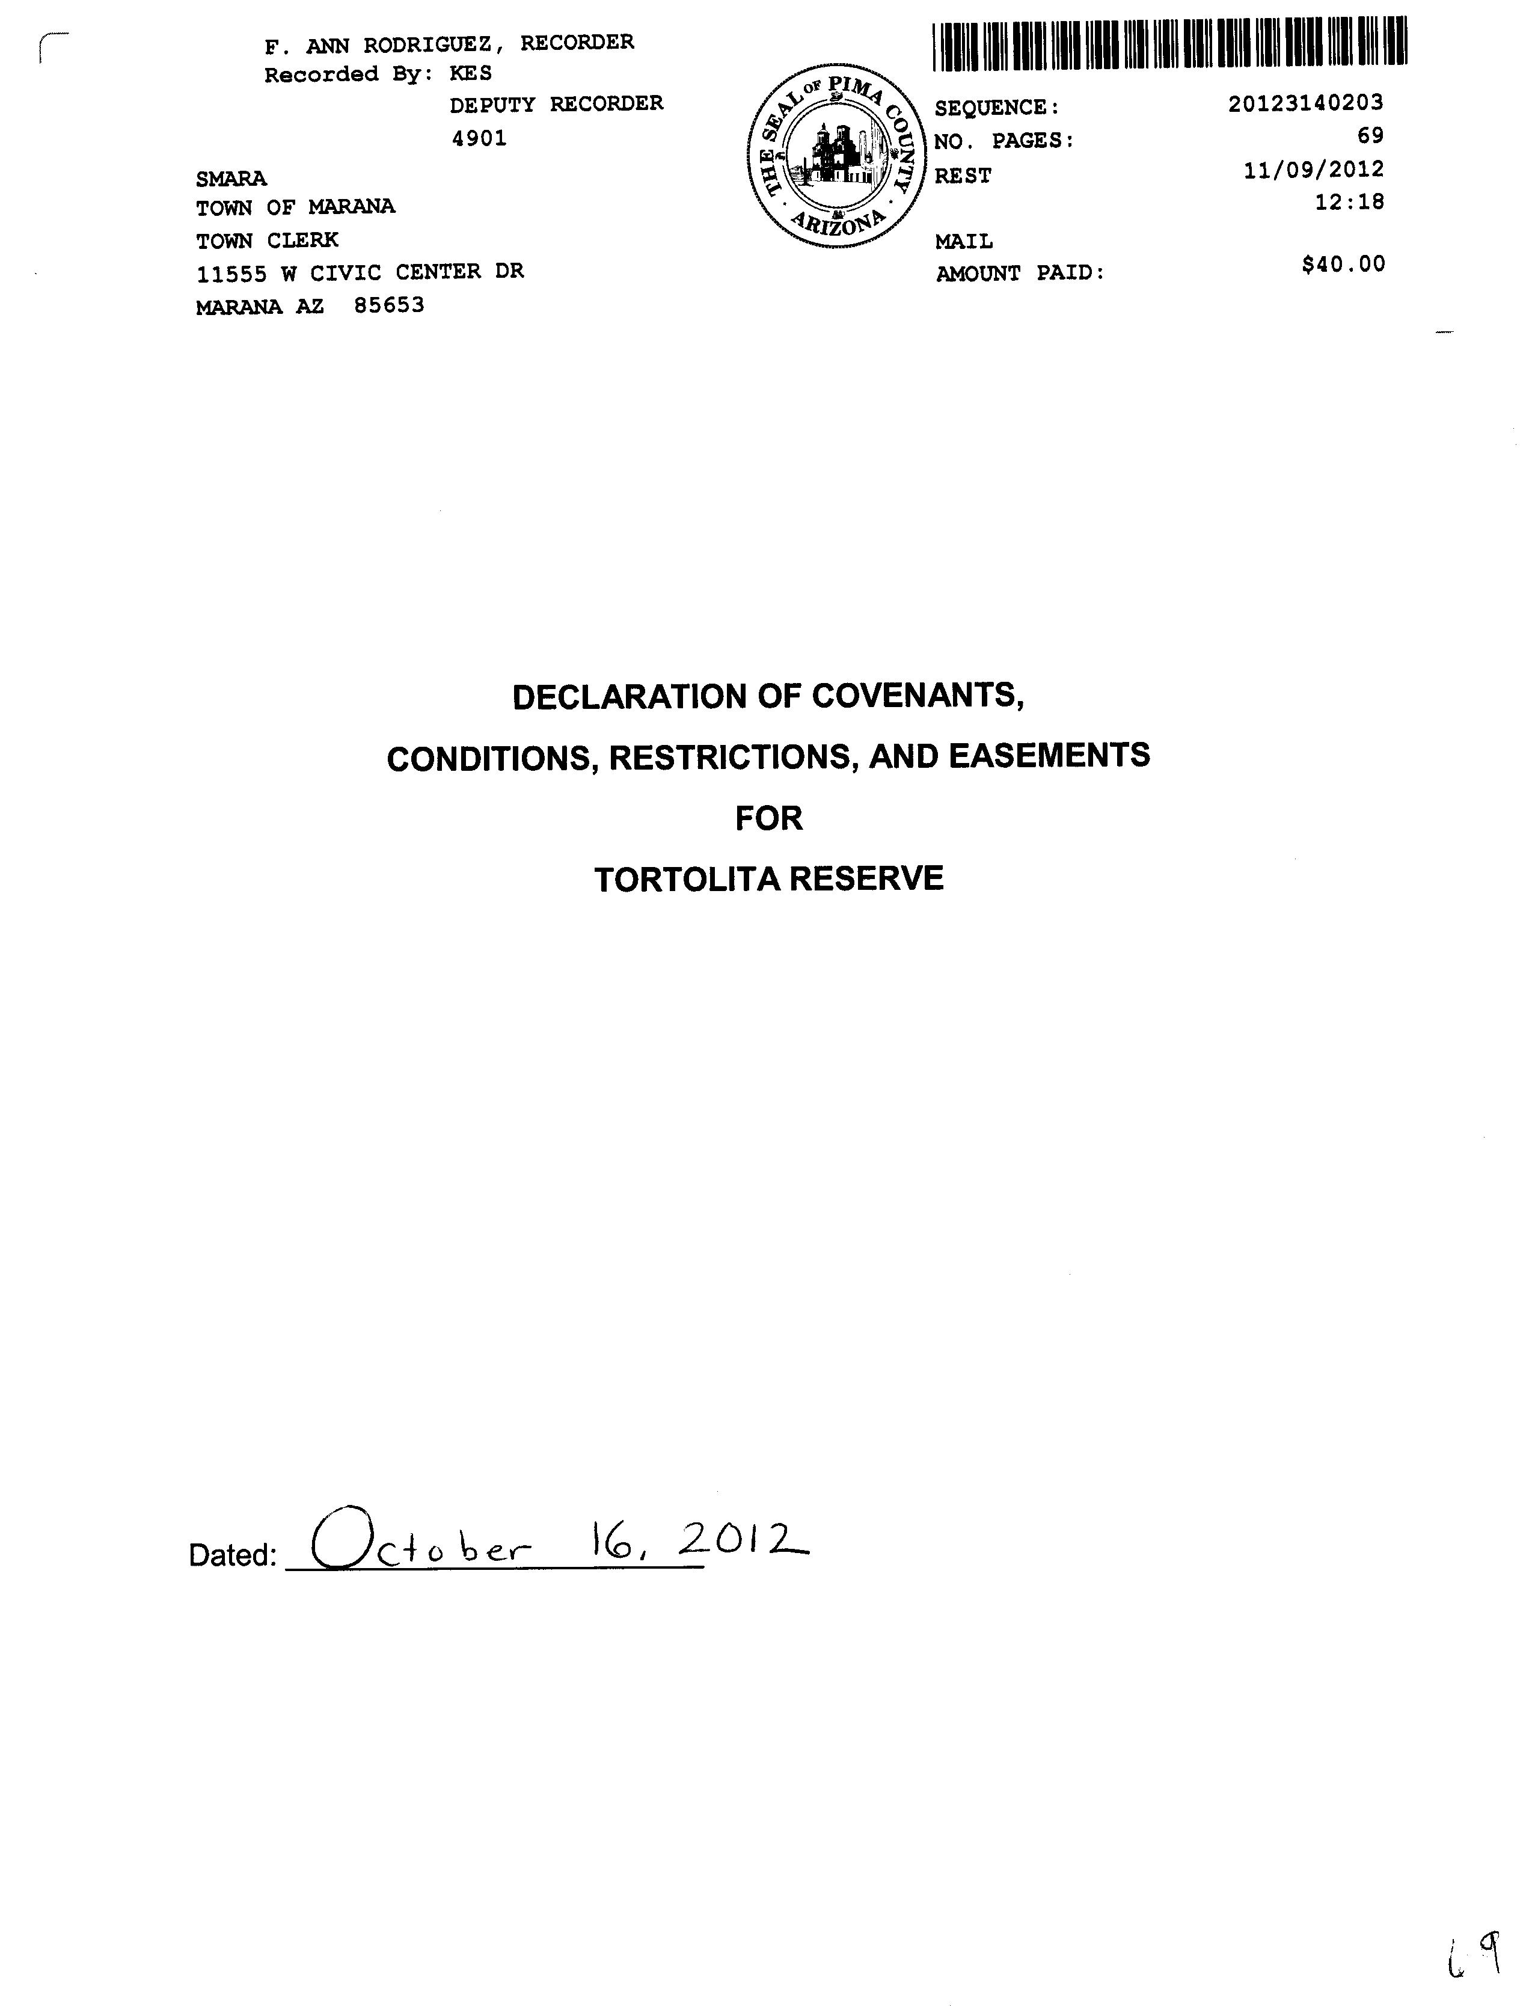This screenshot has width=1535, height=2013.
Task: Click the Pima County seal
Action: coord(834,155)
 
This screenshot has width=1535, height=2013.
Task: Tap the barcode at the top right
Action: coord(1169,44)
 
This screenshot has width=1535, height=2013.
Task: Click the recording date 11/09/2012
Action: coord(1313,170)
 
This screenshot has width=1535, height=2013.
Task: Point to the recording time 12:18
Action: coord(1349,202)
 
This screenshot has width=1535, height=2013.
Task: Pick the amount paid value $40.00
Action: coord(1343,265)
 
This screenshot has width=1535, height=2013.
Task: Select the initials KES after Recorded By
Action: coord(471,73)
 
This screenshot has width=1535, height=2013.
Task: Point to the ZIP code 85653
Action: coord(389,305)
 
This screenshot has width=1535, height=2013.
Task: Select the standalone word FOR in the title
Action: coord(768,818)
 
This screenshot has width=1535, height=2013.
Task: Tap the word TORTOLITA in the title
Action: coord(687,879)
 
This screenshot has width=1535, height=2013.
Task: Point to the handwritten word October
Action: coord(420,1543)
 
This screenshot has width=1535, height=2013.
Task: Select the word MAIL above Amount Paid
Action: coord(963,242)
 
